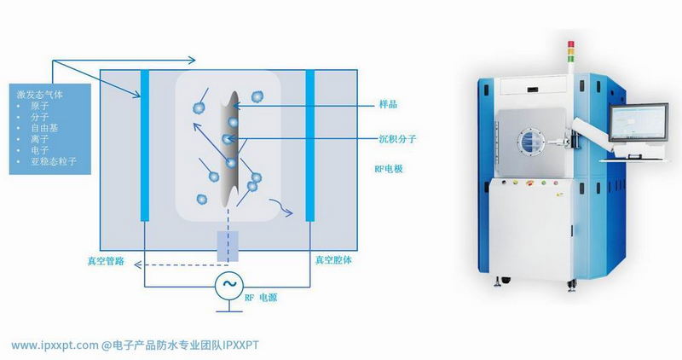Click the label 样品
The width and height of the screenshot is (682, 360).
[x=388, y=104]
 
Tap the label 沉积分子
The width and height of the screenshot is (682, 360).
[x=397, y=139]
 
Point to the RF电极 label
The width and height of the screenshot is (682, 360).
[x=389, y=169]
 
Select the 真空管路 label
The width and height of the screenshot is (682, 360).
[x=106, y=261]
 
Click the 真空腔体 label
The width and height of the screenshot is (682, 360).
[x=333, y=260]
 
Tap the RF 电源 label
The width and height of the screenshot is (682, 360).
[x=261, y=298]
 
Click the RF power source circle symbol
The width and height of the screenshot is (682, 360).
[x=228, y=285]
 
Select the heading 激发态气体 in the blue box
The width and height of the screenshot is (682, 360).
[x=40, y=95]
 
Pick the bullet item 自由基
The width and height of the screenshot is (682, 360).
[x=44, y=128]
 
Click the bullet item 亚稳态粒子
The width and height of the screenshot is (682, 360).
[x=54, y=161]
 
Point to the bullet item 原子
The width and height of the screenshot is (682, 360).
[x=39, y=106]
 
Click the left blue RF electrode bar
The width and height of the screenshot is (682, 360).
[x=145, y=145]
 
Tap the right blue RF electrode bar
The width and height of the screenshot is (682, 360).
[x=310, y=145]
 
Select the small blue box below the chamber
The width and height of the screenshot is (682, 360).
[x=228, y=247]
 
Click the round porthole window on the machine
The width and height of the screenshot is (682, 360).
[x=530, y=142]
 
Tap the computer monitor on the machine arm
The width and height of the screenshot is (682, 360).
[x=638, y=123]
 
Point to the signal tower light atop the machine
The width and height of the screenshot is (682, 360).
[x=571, y=51]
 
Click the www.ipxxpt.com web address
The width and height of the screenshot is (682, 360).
[x=55, y=345]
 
